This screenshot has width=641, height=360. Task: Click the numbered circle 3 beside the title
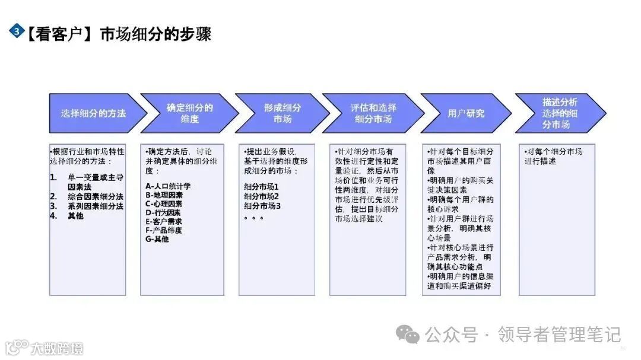pyautogui.click(x=17, y=31)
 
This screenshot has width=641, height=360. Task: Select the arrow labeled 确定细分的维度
pyautogui.click(x=189, y=113)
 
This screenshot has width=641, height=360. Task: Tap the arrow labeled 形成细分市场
pyautogui.click(x=281, y=113)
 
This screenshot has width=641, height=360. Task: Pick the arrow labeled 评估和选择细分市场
pyautogui.click(x=373, y=113)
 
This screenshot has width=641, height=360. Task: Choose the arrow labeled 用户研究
pyautogui.click(x=465, y=113)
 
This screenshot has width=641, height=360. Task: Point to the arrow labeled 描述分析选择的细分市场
pyautogui.click(x=559, y=113)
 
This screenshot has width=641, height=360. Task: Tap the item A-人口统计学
pyautogui.click(x=169, y=186)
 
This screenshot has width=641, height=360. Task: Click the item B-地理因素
pyautogui.click(x=164, y=195)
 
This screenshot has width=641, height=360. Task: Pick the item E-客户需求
pyautogui.click(x=164, y=221)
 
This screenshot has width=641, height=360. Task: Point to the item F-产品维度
pyautogui.click(x=164, y=230)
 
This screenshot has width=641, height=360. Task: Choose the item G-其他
pyautogui.click(x=157, y=239)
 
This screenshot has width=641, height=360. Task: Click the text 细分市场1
pyautogui.click(x=262, y=187)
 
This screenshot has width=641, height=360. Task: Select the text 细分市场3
pyautogui.click(x=262, y=206)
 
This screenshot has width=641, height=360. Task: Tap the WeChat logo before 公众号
pyautogui.click(x=408, y=334)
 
